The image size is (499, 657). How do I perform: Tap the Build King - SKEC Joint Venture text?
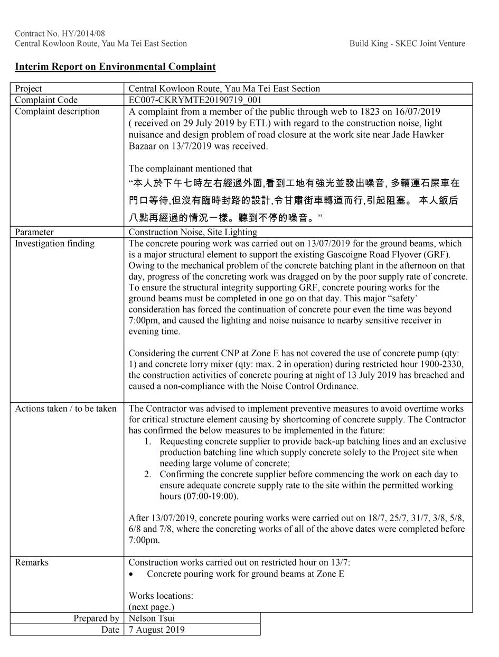pyautogui.click(x=407, y=43)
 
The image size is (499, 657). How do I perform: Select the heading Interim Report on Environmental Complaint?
pyautogui.click(x=115, y=67)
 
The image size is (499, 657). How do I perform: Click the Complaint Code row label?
pyautogui.click(x=46, y=100)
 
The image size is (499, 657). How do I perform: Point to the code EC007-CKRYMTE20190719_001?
pyautogui.click(x=195, y=100)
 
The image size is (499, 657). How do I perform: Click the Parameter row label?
pyautogui.click(x=34, y=232)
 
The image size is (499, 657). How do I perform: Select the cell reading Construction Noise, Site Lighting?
pyautogui.click(x=193, y=232)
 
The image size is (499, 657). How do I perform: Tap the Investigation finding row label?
pyautogui.click(x=54, y=243)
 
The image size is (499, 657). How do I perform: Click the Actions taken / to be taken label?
pyautogui.click(x=65, y=409)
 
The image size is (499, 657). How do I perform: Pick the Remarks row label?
pyautogui.click(x=32, y=562)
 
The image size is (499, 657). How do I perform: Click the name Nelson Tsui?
pyautogui.click(x=152, y=618)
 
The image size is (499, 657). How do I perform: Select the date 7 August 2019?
pyautogui.click(x=156, y=630)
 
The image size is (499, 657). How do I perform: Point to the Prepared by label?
pyautogui.click(x=96, y=618)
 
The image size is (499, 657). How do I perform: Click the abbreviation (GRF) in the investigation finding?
pyautogui.click(x=436, y=254)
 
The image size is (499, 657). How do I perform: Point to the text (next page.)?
pyautogui.click(x=152, y=607)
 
